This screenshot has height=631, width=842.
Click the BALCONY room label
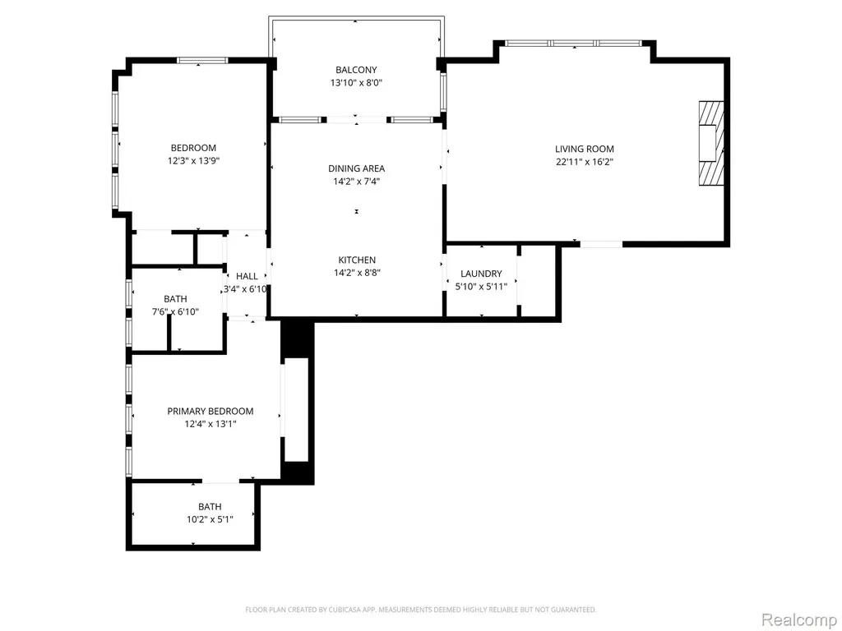[356, 70]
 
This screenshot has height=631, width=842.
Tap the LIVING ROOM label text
[585, 150]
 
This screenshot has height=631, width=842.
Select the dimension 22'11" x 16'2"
[585, 162]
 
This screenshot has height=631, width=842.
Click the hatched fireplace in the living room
[711, 143]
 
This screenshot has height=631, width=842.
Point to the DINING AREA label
[357, 168]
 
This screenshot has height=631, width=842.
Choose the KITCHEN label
[357, 260]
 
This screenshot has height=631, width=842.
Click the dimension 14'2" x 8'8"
[357, 273]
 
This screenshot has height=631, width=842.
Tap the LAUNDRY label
[481, 274]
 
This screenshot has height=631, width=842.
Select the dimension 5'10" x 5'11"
[481, 287]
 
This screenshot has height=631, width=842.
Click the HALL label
[247, 276]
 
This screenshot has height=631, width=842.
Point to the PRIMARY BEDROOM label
[210, 412]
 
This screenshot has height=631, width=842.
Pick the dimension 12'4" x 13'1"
[210, 425]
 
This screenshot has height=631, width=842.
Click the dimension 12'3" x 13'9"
[193, 161]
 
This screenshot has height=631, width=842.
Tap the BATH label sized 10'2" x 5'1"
[210, 506]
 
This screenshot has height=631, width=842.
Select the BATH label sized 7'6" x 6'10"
[176, 299]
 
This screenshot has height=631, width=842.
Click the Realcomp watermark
[799, 620]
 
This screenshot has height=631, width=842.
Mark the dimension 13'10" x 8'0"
[356, 83]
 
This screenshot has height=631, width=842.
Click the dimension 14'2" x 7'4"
[357, 182]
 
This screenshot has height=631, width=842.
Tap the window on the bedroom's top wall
[202, 60]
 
